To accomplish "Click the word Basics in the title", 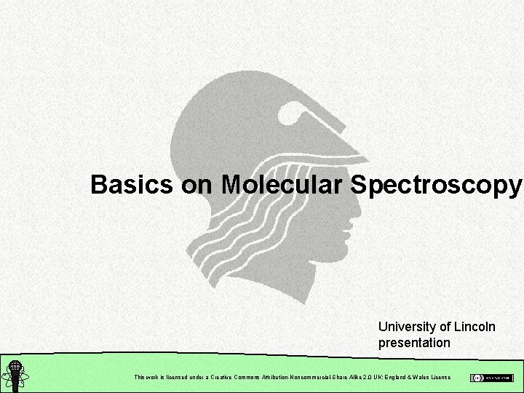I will coord(132,186).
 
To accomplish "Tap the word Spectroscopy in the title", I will coord(436,186).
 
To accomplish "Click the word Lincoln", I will coord(472,327).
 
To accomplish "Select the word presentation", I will coord(414,342).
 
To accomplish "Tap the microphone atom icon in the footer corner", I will coord(14,375).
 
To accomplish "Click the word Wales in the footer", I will coord(419,377).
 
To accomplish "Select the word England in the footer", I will coord(391,377).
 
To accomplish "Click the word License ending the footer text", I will coord(441,377).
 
